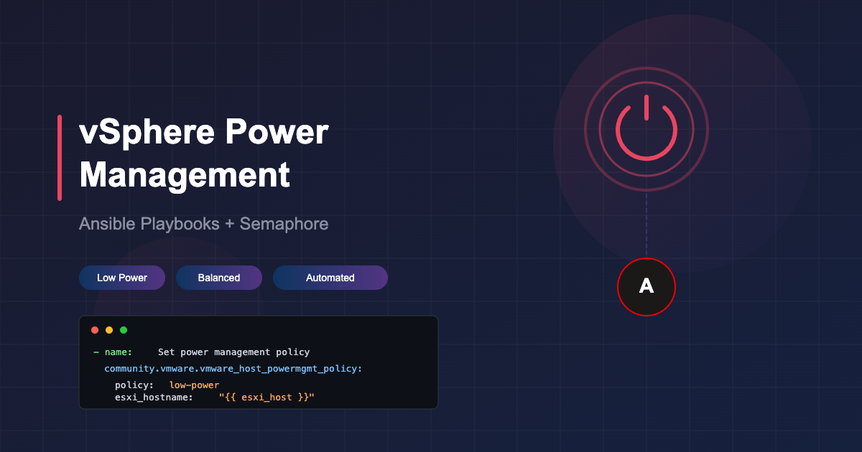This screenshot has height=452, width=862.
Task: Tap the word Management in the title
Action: click(185, 175)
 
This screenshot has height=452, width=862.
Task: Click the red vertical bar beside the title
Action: click(60, 158)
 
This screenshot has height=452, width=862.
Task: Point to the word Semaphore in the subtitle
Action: click(284, 224)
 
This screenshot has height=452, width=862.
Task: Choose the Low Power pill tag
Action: click(122, 278)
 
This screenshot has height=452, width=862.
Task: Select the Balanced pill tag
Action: click(219, 278)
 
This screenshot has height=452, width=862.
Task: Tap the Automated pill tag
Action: click(330, 278)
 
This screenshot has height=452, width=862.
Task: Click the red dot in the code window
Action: click(95, 330)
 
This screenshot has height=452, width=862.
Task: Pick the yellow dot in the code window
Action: click(109, 330)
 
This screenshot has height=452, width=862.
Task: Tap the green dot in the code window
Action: click(124, 330)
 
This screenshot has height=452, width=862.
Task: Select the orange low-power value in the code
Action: click(194, 385)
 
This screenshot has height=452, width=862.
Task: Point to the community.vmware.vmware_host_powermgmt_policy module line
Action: click(233, 369)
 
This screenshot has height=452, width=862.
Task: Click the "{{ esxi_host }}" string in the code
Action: click(267, 397)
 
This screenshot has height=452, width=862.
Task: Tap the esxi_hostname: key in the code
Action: click(154, 397)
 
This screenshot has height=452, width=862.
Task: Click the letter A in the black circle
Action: click(646, 287)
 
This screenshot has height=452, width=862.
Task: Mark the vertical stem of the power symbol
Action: click(646, 108)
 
